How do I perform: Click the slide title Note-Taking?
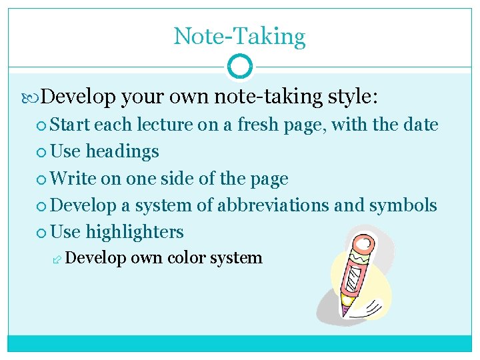coord(239,36)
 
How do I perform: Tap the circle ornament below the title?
coord(239,67)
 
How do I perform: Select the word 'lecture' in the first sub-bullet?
coord(162,125)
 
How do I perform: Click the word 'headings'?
coord(122,151)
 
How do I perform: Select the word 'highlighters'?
coord(135,232)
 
